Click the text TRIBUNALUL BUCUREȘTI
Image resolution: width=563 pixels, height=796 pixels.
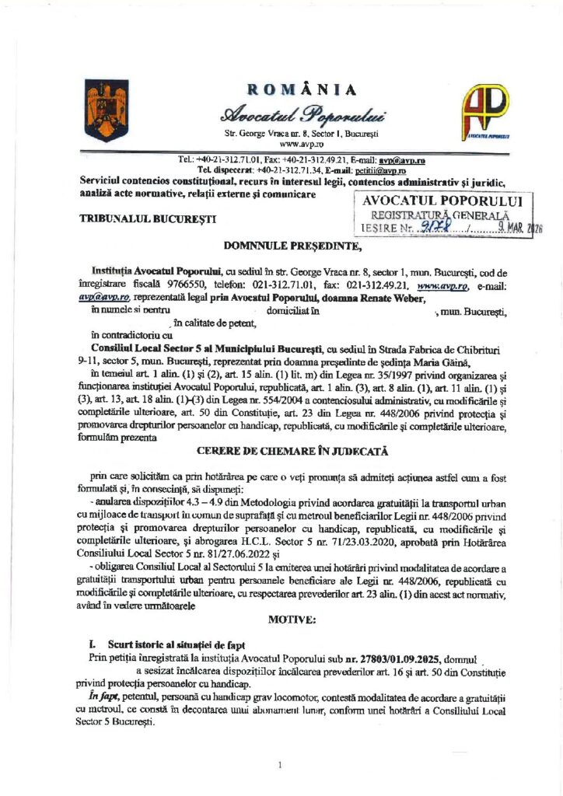click(x=149, y=220)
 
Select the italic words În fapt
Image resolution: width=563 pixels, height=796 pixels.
click(x=106, y=698)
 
